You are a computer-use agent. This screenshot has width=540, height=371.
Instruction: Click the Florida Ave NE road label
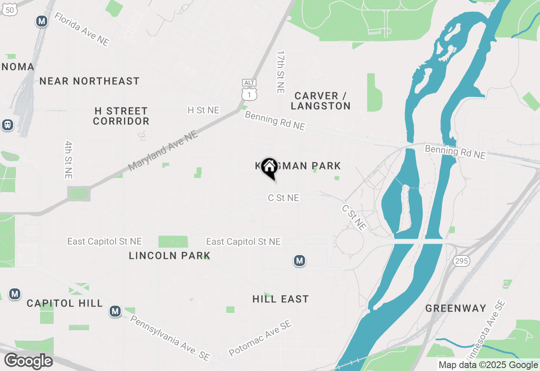point(82,29)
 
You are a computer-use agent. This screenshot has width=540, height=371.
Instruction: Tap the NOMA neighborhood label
point(17,67)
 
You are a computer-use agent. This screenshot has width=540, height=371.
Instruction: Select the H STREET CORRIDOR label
point(121,116)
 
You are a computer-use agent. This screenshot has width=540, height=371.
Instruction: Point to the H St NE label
point(203,110)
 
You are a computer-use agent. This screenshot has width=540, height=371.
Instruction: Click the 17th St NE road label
point(281,72)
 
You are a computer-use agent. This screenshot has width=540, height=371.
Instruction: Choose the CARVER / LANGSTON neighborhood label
point(321,101)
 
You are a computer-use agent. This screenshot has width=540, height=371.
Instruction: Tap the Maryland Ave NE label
point(163,151)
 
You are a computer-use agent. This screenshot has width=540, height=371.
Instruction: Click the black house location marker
point(269,167)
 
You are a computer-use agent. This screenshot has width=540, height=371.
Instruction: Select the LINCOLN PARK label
point(170,255)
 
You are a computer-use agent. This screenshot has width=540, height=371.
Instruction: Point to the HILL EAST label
point(281,299)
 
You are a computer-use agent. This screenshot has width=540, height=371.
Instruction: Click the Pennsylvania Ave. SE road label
point(170,338)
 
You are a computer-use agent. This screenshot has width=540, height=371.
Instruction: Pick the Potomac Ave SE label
point(260,338)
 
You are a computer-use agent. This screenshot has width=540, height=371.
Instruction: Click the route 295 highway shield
point(462,261)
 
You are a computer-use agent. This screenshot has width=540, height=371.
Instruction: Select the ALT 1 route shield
point(249,90)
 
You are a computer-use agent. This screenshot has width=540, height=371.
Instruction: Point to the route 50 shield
point(10,9)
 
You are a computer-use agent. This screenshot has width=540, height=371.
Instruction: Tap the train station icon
point(7,125)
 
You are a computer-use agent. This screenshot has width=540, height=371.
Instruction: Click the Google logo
point(28,361)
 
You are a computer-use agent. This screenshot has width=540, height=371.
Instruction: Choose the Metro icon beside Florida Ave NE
point(41,21)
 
